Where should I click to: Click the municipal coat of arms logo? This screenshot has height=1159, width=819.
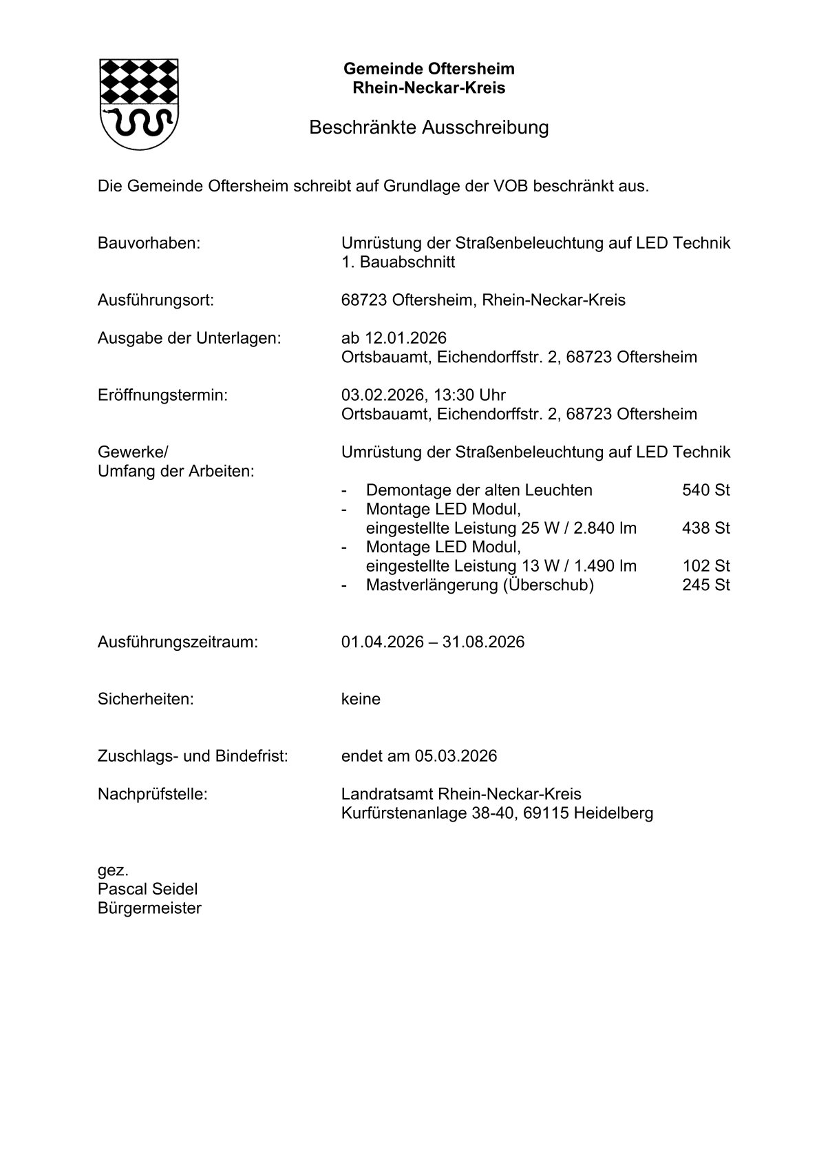point(140,103)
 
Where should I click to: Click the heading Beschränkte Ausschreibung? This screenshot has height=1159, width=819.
point(429,127)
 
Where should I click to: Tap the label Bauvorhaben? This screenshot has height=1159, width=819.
point(149,243)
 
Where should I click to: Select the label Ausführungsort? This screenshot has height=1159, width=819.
point(156,300)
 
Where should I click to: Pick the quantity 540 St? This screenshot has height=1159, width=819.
point(705,490)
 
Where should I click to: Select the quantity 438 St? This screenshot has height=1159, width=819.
point(705,528)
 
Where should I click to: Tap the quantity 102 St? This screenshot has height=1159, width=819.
point(705,566)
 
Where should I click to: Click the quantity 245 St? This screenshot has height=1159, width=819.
point(705,585)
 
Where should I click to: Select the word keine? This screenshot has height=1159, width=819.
point(361,700)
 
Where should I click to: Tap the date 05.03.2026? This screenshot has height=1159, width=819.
point(455,756)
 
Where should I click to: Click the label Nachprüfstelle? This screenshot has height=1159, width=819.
point(152,794)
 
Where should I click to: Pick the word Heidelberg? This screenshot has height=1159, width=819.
point(613,813)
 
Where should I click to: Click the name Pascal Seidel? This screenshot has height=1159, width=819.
point(147,889)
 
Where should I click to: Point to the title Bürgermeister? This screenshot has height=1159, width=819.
point(149,908)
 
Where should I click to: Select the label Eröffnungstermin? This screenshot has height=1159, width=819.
point(162,395)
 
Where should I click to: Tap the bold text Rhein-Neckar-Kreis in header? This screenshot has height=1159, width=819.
point(429,88)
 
